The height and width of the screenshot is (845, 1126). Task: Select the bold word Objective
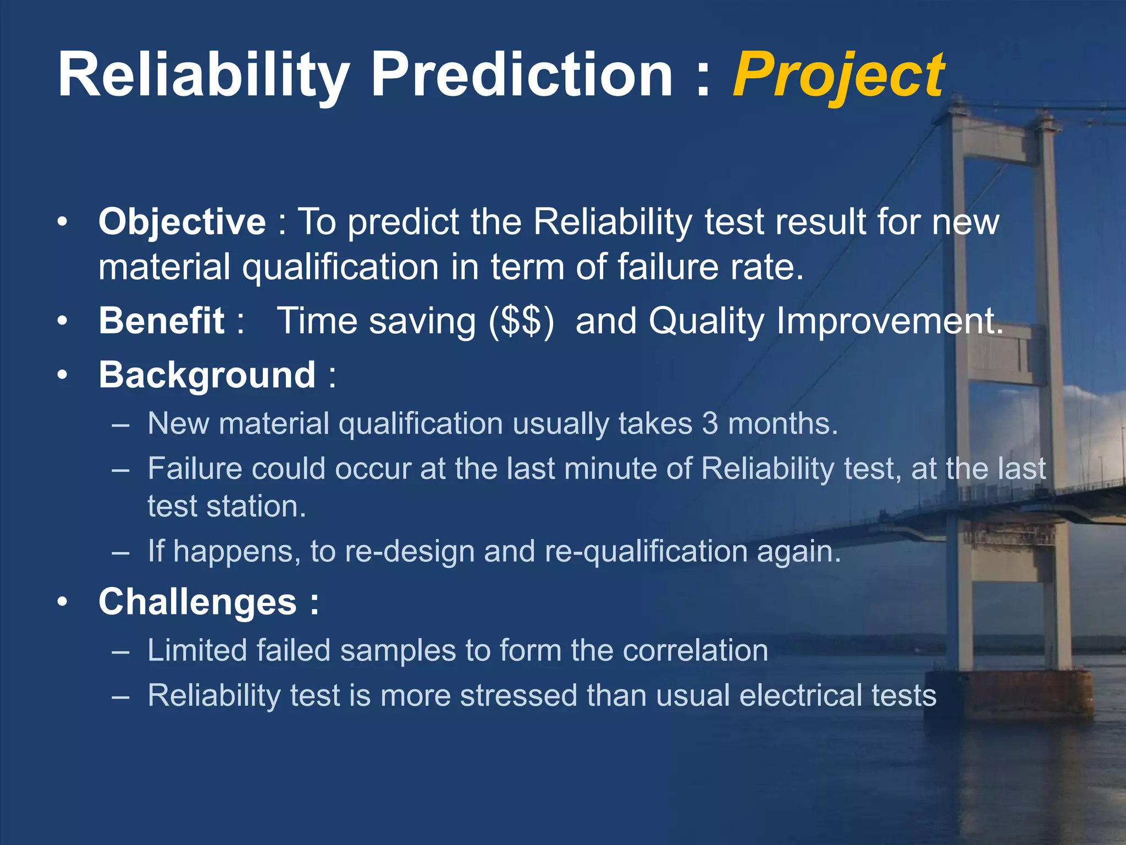182,222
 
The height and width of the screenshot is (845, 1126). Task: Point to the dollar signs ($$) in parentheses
522,321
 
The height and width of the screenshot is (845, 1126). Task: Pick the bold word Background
207,375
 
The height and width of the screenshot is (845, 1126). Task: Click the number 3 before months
710,424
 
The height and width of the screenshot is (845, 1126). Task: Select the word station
256,506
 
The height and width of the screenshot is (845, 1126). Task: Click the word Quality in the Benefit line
707,321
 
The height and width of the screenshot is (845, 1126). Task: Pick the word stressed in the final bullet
518,695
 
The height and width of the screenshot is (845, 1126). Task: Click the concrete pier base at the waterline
1009,694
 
